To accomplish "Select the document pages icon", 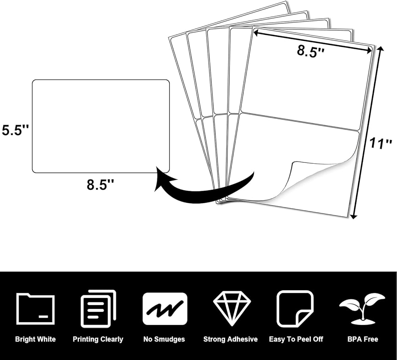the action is [98, 309].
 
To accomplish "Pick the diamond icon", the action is [230, 309].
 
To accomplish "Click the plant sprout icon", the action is [362, 308].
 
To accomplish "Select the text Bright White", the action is [35, 339].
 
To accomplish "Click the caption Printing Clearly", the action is [98, 339].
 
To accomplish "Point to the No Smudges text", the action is [164, 339].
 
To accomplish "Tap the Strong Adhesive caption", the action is [230, 339].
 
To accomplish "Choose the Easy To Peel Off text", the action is [296, 339].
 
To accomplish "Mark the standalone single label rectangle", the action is [100, 126].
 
